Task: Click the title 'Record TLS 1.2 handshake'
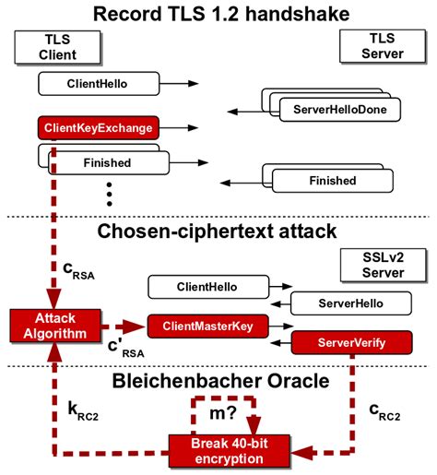pos(218,14)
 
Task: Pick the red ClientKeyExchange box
pos(98,127)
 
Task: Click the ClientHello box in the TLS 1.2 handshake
pos(96,84)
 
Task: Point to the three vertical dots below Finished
pos(109,196)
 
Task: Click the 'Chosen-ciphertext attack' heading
pos(218,231)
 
